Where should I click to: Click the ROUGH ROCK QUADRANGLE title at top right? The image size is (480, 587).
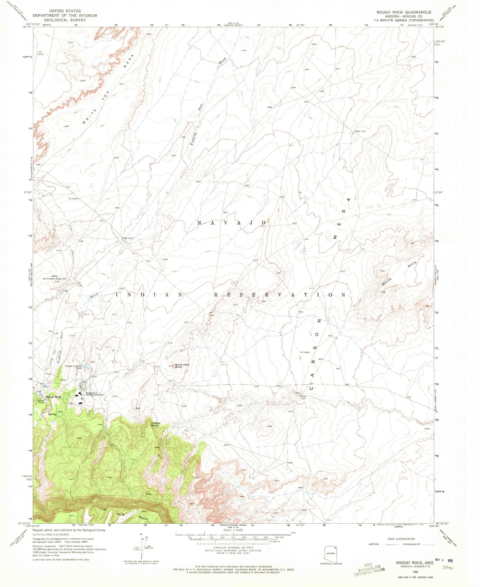404,12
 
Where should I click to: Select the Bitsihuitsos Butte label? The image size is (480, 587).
183,366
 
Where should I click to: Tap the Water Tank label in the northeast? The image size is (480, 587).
360,131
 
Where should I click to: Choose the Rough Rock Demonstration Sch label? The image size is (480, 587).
95,394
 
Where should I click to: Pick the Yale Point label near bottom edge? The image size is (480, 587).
132,516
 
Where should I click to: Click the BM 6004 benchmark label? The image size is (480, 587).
128,238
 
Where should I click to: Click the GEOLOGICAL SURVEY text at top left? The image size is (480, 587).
64,20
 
